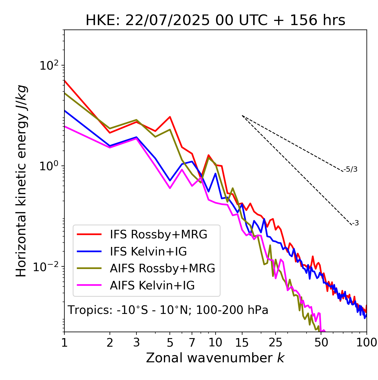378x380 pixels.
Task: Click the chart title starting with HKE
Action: tap(215, 21)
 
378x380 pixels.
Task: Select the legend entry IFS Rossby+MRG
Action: tap(158, 235)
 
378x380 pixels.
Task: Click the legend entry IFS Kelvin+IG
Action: tap(148, 252)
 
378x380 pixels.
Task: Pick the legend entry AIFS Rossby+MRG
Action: tap(162, 268)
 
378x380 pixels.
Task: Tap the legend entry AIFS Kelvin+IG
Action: tap(152, 286)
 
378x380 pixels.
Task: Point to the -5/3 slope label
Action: tap(351, 170)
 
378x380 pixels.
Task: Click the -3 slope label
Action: tap(355, 223)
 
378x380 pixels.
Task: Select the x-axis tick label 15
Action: tap(242, 343)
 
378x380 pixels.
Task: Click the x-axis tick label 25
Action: tap(276, 343)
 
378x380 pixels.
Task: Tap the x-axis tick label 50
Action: tap(321, 343)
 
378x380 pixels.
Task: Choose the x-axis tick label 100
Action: tap(366, 343)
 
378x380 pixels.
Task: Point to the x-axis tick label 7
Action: tap(192, 343)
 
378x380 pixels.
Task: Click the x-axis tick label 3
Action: tap(136, 343)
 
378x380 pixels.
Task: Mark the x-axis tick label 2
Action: tap(110, 343)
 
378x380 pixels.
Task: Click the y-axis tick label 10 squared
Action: tap(49, 65)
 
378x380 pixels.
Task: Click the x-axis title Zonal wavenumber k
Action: tap(215, 358)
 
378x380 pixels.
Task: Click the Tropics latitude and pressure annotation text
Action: tap(168, 310)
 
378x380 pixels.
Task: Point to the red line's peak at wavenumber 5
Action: tap(170, 117)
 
